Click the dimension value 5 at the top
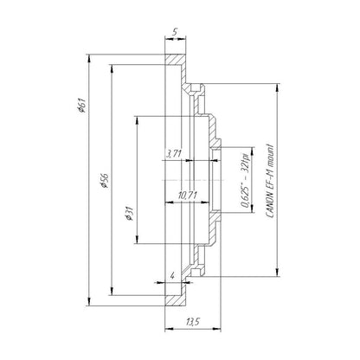175,32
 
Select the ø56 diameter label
104,181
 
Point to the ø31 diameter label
129,214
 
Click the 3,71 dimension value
174,153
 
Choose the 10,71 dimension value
188,196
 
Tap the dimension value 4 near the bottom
172,276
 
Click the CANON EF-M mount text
270,180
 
